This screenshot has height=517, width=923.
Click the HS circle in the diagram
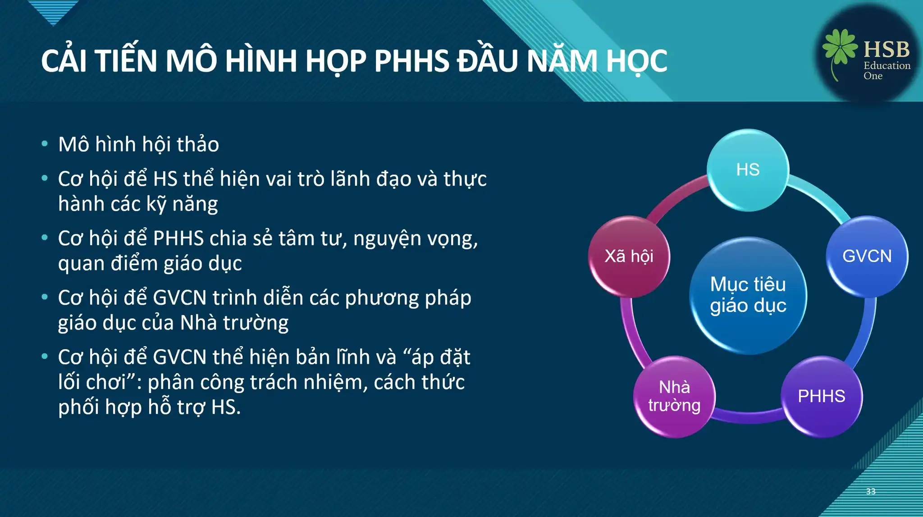748,170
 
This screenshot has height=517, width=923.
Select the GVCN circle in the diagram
867,256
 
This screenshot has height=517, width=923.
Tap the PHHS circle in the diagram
822,396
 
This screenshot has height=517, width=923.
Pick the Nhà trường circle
674,396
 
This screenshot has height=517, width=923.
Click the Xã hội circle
629,256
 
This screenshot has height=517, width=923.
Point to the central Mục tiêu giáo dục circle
748,295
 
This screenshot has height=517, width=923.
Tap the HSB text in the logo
886,49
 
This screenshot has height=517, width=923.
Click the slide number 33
871,491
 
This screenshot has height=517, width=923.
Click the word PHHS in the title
411,61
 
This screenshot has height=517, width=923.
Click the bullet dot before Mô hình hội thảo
44,144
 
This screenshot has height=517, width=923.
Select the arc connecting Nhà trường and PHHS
748,415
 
